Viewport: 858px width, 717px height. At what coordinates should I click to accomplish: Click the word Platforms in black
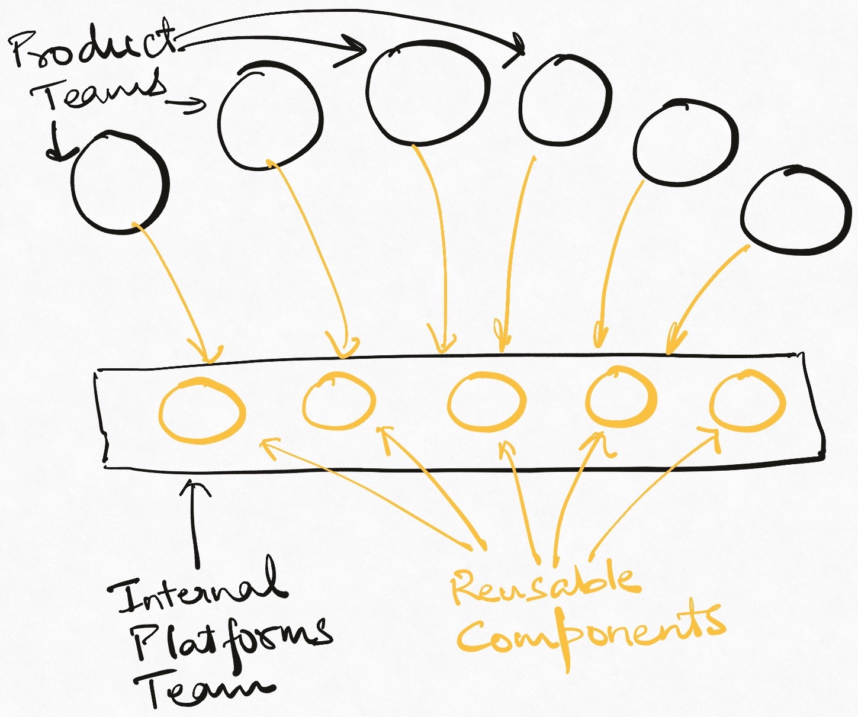231,639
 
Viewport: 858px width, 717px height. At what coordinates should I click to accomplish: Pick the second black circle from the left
270,118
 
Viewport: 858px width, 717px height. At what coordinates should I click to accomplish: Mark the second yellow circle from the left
339,401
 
